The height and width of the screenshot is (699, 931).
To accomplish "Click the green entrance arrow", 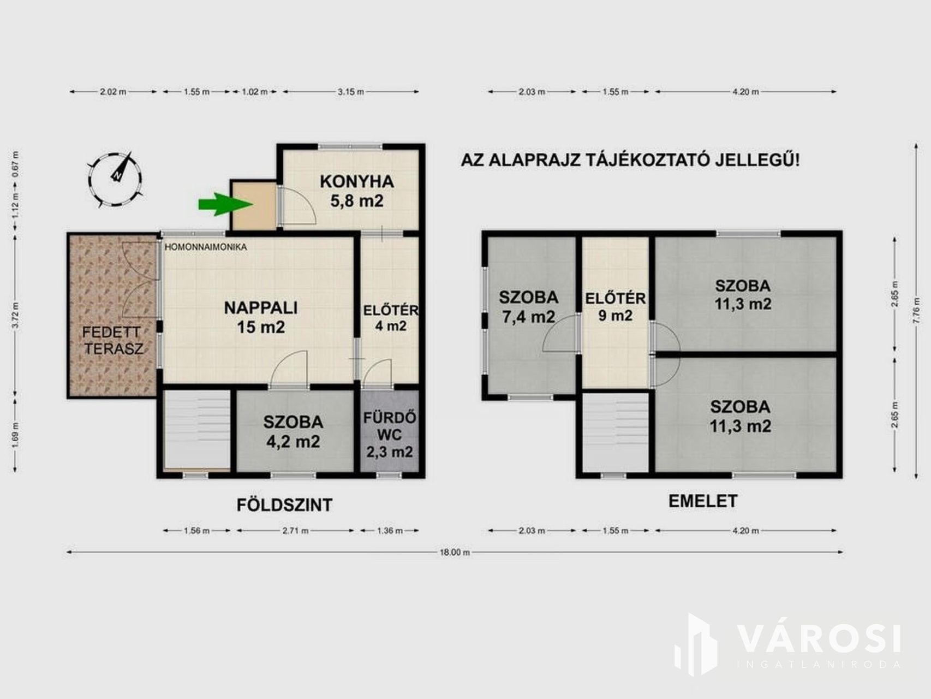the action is [x=225, y=204].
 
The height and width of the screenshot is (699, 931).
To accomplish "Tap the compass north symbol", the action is [x=116, y=180].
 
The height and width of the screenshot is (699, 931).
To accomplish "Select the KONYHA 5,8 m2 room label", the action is [x=356, y=191].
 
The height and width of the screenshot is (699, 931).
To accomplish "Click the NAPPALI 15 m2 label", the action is [x=261, y=317].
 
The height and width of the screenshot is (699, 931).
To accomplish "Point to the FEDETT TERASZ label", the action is [x=112, y=340].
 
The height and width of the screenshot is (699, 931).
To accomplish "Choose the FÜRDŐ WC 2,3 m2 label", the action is [x=390, y=435].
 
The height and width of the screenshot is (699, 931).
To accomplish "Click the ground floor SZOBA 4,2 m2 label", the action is [x=293, y=431].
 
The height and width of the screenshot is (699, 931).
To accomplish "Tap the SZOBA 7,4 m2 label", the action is [x=528, y=306].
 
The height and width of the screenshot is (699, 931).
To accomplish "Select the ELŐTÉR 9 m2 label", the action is [x=615, y=307].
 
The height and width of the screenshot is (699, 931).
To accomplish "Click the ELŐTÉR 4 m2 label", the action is [x=391, y=318].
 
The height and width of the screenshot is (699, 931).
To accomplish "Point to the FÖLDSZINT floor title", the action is [x=284, y=505].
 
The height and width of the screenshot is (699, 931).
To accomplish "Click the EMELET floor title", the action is [x=703, y=501].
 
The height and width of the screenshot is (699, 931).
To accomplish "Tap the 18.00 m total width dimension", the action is [x=455, y=552].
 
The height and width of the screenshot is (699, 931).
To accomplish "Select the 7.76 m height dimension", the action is [x=916, y=311].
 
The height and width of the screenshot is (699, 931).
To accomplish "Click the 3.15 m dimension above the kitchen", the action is [x=350, y=92].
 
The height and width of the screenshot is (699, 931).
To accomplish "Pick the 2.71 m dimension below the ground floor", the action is [x=295, y=530].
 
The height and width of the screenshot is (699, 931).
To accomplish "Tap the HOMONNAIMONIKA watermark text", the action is [x=206, y=247].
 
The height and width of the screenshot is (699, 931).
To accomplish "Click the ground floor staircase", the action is [x=197, y=429].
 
